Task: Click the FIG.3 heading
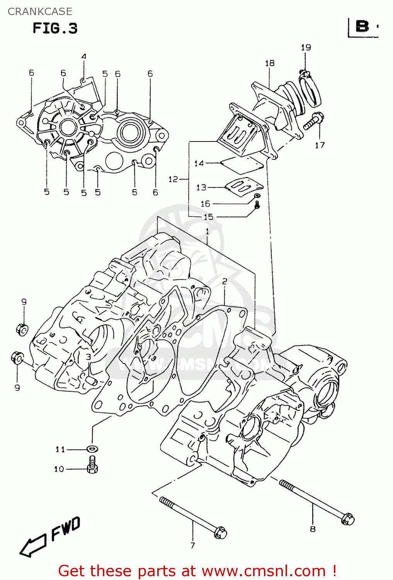coord(55,28)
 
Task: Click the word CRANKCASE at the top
coord(40,12)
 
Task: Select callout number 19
coord(306,48)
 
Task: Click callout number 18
coord(270,63)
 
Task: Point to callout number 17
coord(320,145)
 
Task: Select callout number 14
coord(199,164)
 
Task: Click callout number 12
coord(173,179)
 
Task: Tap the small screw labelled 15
coord(257,205)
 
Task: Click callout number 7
coord(192,545)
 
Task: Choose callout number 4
coord(84,56)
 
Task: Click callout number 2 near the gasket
coord(225,281)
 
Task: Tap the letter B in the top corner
coord(362,27)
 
